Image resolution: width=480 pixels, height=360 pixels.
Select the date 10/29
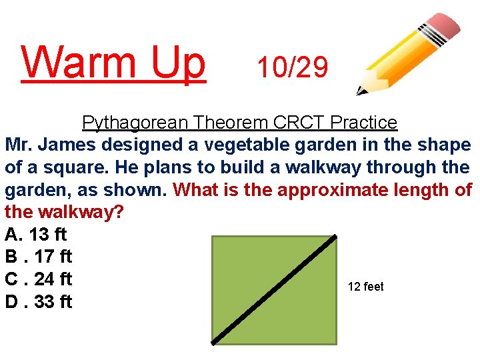point(293,67)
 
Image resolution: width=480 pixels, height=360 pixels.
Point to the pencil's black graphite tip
point(360,91)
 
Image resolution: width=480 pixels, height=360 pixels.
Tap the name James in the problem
point(77,145)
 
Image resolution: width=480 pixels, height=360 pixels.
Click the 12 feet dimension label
point(366,287)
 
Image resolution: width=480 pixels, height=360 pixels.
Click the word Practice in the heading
point(364,123)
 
